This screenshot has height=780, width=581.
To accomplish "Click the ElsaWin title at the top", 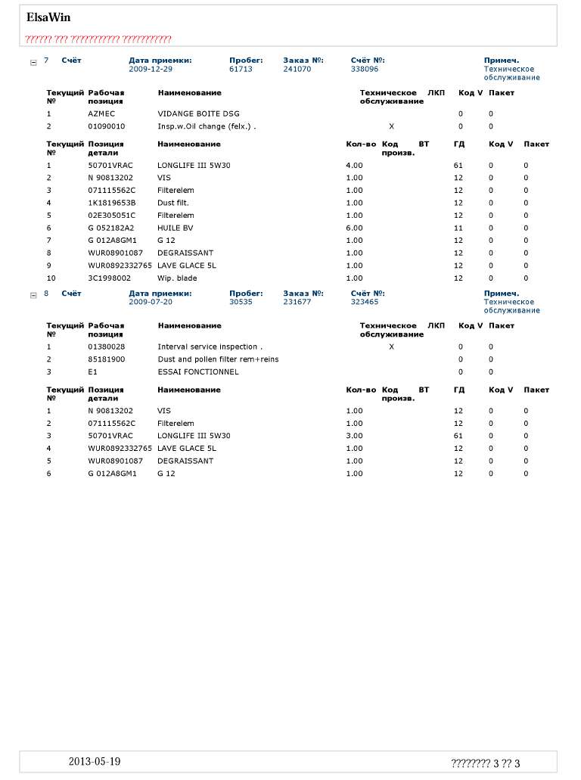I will [48, 17].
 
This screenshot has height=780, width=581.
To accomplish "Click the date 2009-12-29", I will [151, 69].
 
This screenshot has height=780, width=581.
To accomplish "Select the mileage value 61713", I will [241, 69].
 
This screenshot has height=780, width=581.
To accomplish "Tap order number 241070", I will [297, 69].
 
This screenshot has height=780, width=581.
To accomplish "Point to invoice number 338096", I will [365, 69].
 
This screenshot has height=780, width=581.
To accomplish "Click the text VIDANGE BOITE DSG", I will [198, 113].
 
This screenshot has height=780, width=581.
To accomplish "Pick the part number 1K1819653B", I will [111, 203].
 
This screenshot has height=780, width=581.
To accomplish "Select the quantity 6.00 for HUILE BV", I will [354, 228].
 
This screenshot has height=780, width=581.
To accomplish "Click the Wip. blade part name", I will [177, 278].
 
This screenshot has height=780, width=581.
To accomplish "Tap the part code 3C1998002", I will [110, 278].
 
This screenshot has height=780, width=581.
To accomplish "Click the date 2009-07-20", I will [151, 302].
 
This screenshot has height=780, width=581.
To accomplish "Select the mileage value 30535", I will [241, 302].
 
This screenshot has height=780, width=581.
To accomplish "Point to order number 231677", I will [297, 302].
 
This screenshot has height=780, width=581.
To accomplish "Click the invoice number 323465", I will [365, 302].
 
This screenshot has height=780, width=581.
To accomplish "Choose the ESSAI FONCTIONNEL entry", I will [197, 372].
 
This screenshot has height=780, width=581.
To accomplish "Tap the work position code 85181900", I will [107, 359].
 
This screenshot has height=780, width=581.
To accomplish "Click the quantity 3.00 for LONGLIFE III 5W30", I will [354, 436].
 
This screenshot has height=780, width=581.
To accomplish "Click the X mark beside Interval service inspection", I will [391, 346].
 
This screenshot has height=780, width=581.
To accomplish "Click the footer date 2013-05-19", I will [94, 762].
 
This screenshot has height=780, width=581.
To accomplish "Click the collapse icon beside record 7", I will [33, 62].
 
